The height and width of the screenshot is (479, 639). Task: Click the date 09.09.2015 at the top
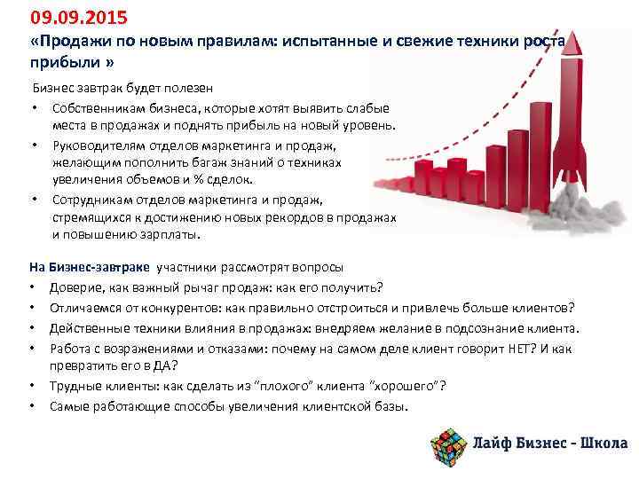pyautogui.click(x=67, y=17)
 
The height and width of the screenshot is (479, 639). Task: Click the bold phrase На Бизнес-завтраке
pyautogui.click(x=90, y=267)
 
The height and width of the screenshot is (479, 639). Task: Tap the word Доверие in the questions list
pyautogui.click(x=75, y=287)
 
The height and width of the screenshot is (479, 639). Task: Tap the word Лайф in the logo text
pyautogui.click(x=495, y=444)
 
